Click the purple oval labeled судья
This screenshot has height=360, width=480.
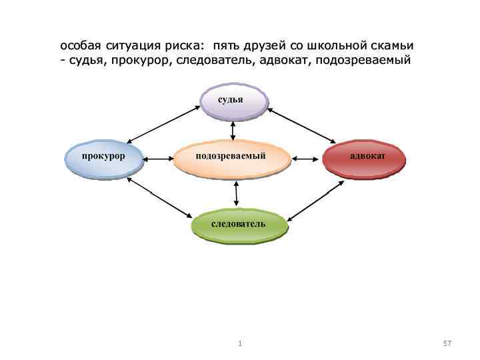point(233,101)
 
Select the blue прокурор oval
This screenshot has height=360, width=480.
point(105,157)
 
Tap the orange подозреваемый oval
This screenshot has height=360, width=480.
point(232,158)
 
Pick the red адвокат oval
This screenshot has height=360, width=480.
point(363,158)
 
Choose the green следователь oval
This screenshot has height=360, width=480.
point(239,225)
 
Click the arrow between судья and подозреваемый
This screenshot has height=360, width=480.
point(233,131)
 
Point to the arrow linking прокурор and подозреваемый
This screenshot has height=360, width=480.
point(158,159)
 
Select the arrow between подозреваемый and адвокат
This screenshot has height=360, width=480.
point(307,159)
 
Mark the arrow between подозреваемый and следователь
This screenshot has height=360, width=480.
point(236,193)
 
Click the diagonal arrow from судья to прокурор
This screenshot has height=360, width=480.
point(163,125)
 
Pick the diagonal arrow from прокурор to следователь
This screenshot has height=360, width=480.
point(159,197)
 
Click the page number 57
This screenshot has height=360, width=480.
point(447,343)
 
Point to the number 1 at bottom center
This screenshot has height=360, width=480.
point(240,343)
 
